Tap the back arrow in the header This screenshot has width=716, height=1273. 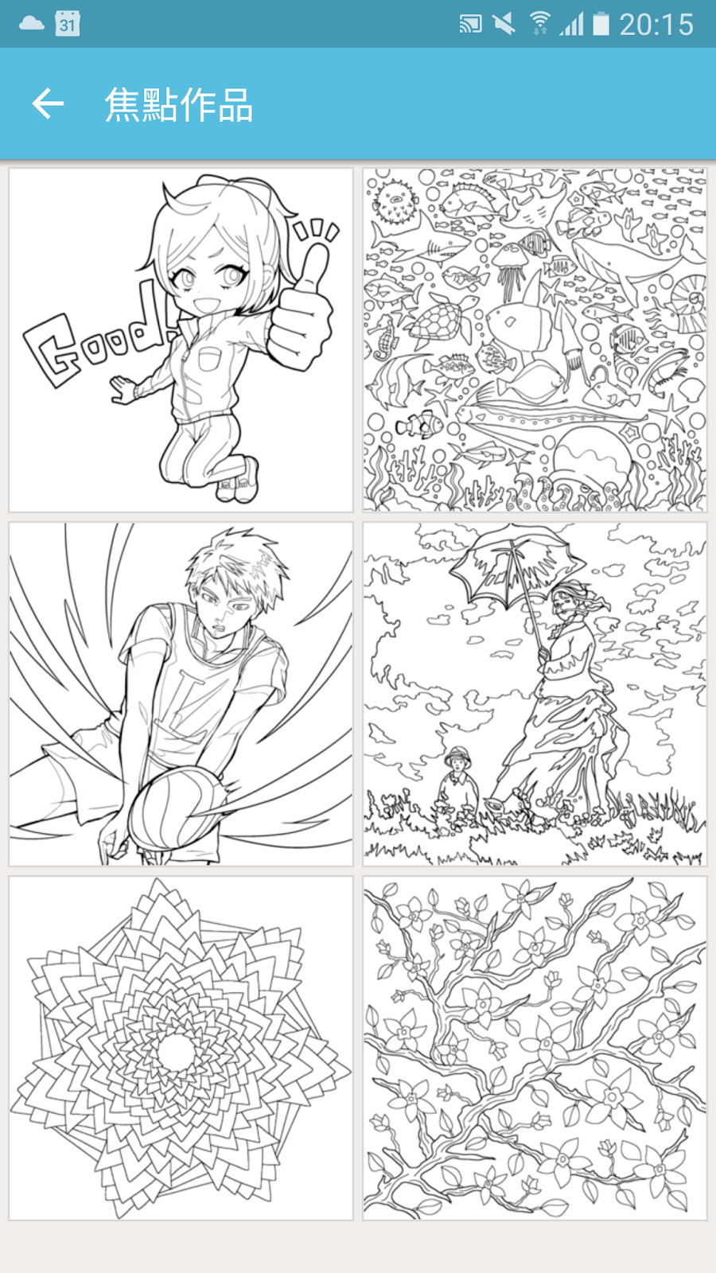(48, 104)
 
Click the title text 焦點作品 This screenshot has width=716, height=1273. (178, 105)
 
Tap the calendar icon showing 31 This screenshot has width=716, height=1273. (67, 24)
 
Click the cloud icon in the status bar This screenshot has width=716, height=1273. (31, 23)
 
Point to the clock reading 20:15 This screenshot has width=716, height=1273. (656, 25)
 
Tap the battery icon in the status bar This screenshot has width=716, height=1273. (601, 24)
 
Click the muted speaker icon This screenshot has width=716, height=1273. (504, 24)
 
